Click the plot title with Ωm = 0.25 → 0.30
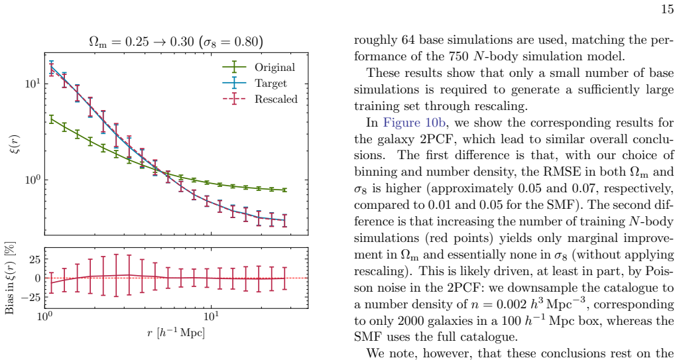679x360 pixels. pos(176,42)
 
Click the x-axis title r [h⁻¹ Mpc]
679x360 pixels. pos(176,333)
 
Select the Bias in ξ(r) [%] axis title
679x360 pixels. pos(11,278)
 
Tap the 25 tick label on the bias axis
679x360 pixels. pos(34,259)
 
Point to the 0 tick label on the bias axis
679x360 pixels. pos(38,278)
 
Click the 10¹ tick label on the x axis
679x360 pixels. pos(211,316)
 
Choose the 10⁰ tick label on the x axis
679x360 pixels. pos(44,316)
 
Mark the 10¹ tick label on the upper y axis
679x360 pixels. pos(33,82)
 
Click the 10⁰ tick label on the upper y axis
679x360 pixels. pos(33,179)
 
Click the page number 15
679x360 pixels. pos(667,9)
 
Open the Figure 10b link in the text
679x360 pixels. pos(414,123)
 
